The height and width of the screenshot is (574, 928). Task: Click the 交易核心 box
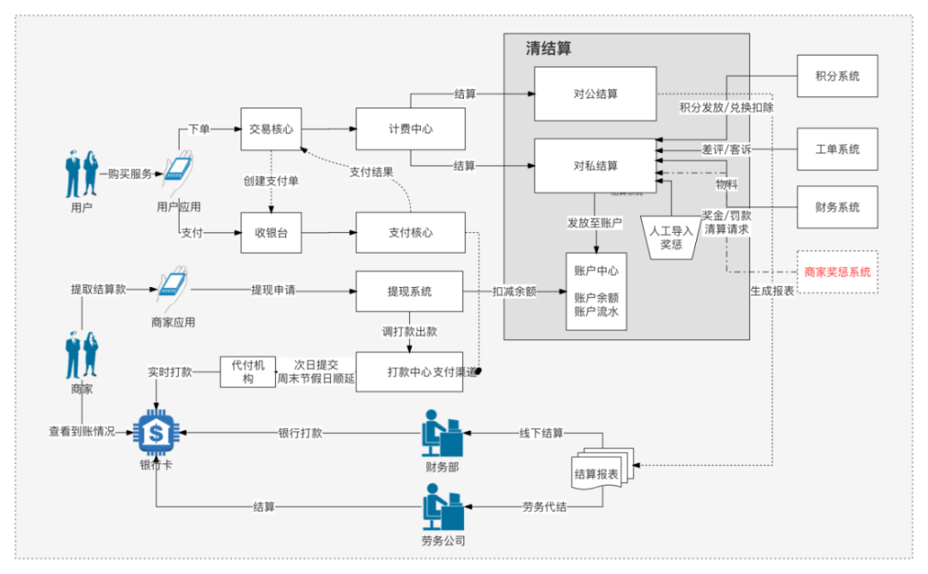[x=271, y=130]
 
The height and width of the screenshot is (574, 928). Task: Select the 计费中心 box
[x=410, y=130]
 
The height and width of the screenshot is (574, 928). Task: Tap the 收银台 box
[x=271, y=233]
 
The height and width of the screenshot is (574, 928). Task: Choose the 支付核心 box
[x=410, y=233]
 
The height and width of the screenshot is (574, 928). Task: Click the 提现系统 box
[x=409, y=291]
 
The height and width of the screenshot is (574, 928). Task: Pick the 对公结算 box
[x=595, y=94]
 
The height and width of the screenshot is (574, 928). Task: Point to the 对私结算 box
[x=595, y=166]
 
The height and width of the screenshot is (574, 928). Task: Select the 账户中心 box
[x=595, y=292]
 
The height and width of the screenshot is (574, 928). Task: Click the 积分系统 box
[x=837, y=76]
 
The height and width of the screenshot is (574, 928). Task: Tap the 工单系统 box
[x=837, y=150]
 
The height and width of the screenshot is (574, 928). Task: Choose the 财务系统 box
[x=837, y=207]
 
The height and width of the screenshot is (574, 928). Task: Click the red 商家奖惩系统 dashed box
[x=837, y=272]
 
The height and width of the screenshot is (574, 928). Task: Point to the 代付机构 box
[x=247, y=371]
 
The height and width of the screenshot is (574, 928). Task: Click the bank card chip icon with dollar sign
[x=156, y=434]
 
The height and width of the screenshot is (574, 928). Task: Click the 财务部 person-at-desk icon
[x=442, y=434]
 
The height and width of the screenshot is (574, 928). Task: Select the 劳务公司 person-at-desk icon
[x=443, y=508]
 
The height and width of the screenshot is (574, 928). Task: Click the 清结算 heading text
[x=548, y=49]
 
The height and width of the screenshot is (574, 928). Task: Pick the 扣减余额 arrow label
[x=515, y=291]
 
